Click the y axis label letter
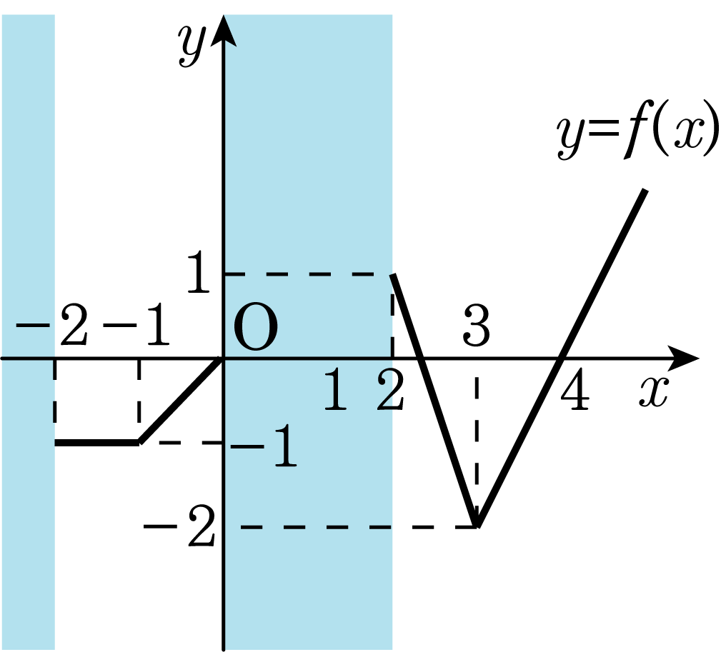(192, 45)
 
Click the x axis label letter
(654, 391)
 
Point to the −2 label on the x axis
(51, 326)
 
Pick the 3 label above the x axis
(477, 326)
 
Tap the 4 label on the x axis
(575, 389)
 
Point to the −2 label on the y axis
(179, 526)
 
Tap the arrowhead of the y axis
(224, 31)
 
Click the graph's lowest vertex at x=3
(477, 525)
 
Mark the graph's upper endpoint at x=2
(393, 275)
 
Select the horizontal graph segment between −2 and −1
(96, 443)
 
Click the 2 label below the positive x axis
(391, 389)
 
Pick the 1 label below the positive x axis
(336, 389)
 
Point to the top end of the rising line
(645, 190)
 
